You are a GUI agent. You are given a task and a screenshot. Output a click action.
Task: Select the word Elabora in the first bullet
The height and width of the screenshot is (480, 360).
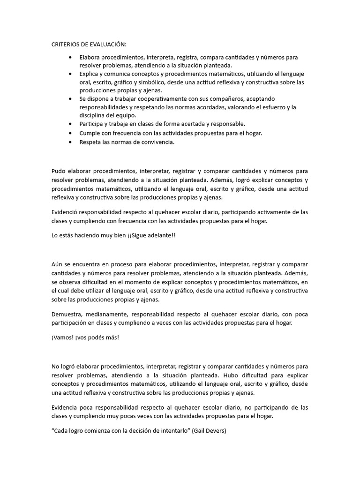90,57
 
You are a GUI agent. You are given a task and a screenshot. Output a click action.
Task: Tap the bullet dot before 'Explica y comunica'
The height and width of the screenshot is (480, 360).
70,74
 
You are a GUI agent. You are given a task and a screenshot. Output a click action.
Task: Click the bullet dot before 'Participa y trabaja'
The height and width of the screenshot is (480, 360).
70,124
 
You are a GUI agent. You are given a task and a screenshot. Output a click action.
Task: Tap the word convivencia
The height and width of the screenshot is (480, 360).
157,142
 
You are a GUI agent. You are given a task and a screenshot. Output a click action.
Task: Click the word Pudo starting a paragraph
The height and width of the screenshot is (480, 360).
59,171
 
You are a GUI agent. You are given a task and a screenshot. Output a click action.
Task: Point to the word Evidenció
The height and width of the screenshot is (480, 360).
65,212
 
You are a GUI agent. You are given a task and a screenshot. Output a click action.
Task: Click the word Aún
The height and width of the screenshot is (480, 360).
57,265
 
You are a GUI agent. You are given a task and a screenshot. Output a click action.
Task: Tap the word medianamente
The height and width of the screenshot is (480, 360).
108,314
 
